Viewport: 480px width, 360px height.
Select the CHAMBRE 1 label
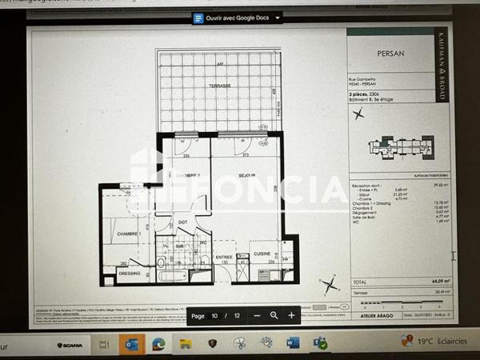(129, 233)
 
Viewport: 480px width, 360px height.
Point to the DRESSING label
(129, 272)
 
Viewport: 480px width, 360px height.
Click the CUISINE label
(261, 253)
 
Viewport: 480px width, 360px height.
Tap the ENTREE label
(224, 257)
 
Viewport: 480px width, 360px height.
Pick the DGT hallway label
(182, 222)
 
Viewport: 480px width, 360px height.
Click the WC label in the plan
(204, 242)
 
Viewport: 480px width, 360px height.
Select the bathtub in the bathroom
(172, 275)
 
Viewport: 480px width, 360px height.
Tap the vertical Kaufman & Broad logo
(441, 66)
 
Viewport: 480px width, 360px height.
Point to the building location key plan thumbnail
(400, 148)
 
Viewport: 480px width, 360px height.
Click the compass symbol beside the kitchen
(329, 284)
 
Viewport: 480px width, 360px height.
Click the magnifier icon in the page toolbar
(274, 315)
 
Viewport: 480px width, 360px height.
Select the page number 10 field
(215, 315)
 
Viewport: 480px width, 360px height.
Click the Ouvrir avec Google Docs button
(237, 18)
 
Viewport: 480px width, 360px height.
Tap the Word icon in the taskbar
(293, 342)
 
